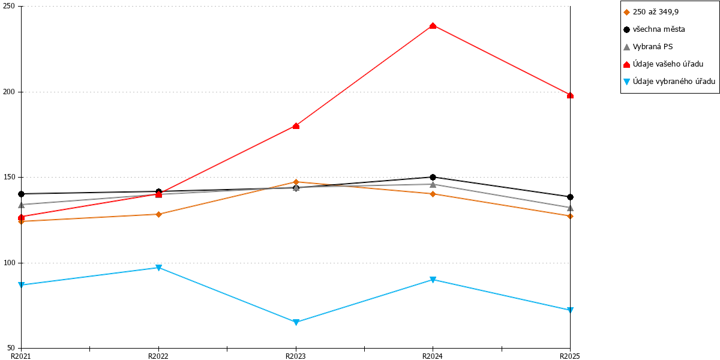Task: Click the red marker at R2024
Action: coord(433,26)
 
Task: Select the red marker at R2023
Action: coord(296,126)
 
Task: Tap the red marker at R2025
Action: coord(570,95)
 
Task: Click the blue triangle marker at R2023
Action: coord(296,322)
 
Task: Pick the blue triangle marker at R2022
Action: coord(158,268)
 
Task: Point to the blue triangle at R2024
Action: coord(433,280)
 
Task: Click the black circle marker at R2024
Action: coord(433,177)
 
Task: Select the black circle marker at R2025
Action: coord(570,197)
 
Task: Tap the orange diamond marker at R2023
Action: coord(296,182)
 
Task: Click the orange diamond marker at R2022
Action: coord(158,214)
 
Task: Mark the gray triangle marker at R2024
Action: coord(433,185)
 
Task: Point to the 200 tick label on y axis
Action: coord(8,92)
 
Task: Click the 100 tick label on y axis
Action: coord(8,263)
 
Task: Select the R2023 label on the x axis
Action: coord(296,356)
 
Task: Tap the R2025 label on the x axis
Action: coord(570,356)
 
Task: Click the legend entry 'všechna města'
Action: coord(659,29)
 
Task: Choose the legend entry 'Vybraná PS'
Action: coord(653,47)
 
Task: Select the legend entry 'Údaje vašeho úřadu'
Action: coord(668,64)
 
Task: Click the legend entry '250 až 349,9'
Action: coord(656,12)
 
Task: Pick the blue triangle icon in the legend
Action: coord(627,82)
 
